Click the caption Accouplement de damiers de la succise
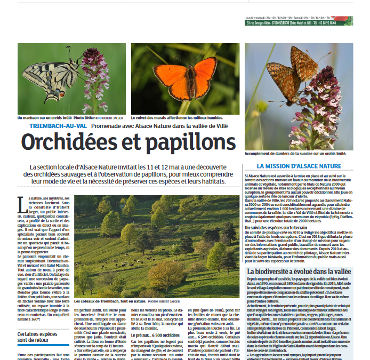[x=295, y=154]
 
